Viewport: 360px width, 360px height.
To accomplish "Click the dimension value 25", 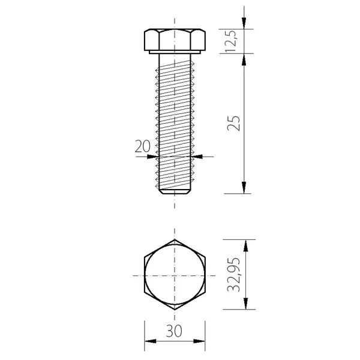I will point(235,122).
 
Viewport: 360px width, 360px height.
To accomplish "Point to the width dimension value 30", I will point(174,332).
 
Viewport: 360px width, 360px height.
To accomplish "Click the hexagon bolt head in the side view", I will point(175,39).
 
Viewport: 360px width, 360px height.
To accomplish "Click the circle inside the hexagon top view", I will point(175,275).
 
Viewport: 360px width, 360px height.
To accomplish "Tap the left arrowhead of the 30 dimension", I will point(148,343).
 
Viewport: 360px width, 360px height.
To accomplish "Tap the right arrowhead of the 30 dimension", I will point(201,343).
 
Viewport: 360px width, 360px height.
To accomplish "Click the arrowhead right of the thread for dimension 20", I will point(200,156).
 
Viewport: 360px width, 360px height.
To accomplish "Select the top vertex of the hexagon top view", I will point(175,239).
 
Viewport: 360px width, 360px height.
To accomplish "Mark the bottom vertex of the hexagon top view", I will point(175,310).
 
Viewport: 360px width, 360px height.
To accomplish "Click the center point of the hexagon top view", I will point(175,275).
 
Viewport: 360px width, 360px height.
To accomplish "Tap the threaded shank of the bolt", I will point(175,120).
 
